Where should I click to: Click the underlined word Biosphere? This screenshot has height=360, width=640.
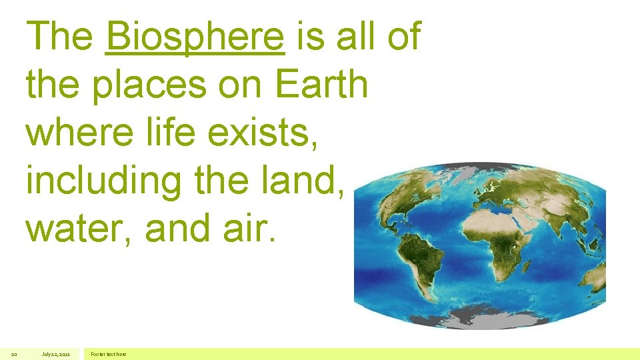point(195,36)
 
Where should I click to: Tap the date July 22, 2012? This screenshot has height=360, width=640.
point(55,354)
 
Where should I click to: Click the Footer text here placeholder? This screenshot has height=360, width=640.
point(109,354)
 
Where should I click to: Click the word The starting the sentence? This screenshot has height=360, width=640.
point(60,36)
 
